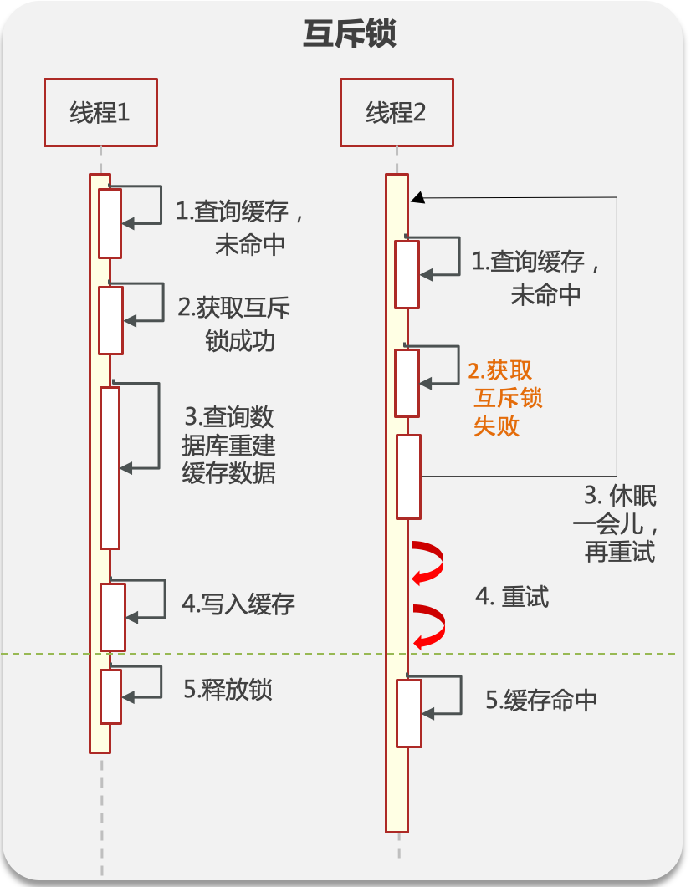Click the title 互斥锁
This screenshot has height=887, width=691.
(x=349, y=35)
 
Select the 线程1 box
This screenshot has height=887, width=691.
(x=100, y=112)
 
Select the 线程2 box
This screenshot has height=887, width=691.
(x=397, y=112)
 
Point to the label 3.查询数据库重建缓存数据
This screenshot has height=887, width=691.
(x=228, y=445)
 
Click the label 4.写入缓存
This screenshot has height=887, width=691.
(x=238, y=604)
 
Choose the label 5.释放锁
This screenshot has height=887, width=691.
(x=228, y=690)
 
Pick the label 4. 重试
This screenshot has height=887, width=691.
(x=512, y=597)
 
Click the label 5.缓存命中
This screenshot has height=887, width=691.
(x=541, y=701)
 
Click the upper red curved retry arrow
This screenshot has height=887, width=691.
(x=427, y=563)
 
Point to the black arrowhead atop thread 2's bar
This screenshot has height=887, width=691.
(x=418, y=197)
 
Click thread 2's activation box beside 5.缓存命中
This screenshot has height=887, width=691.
(x=408, y=713)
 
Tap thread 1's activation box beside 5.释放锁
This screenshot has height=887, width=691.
(x=110, y=696)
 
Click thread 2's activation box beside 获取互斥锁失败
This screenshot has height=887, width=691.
(x=407, y=383)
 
